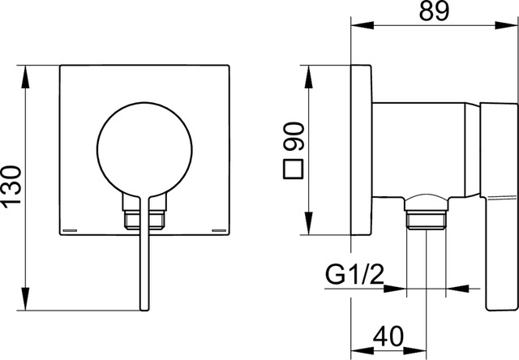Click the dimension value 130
coord(12,187)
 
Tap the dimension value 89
coord(435,11)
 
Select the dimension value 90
coord(294,136)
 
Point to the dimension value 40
coord(388,336)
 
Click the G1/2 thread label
coord(354,275)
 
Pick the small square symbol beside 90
coord(294,169)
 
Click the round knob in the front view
coord(144,149)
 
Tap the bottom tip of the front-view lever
coord(144,311)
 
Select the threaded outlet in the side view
coord(426,220)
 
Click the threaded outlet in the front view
coord(144,220)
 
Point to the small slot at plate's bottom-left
coord(70,230)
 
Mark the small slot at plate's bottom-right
coord(219,230)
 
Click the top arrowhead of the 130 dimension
coord(25,77)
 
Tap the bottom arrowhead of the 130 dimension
coord(25,299)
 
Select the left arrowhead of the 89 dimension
coord(362,25)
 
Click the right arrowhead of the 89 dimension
coord(506,25)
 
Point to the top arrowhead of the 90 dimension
coord(308,77)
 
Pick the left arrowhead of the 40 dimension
coord(362,351)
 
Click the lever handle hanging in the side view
coord(499,207)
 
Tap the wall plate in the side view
coord(361,150)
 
